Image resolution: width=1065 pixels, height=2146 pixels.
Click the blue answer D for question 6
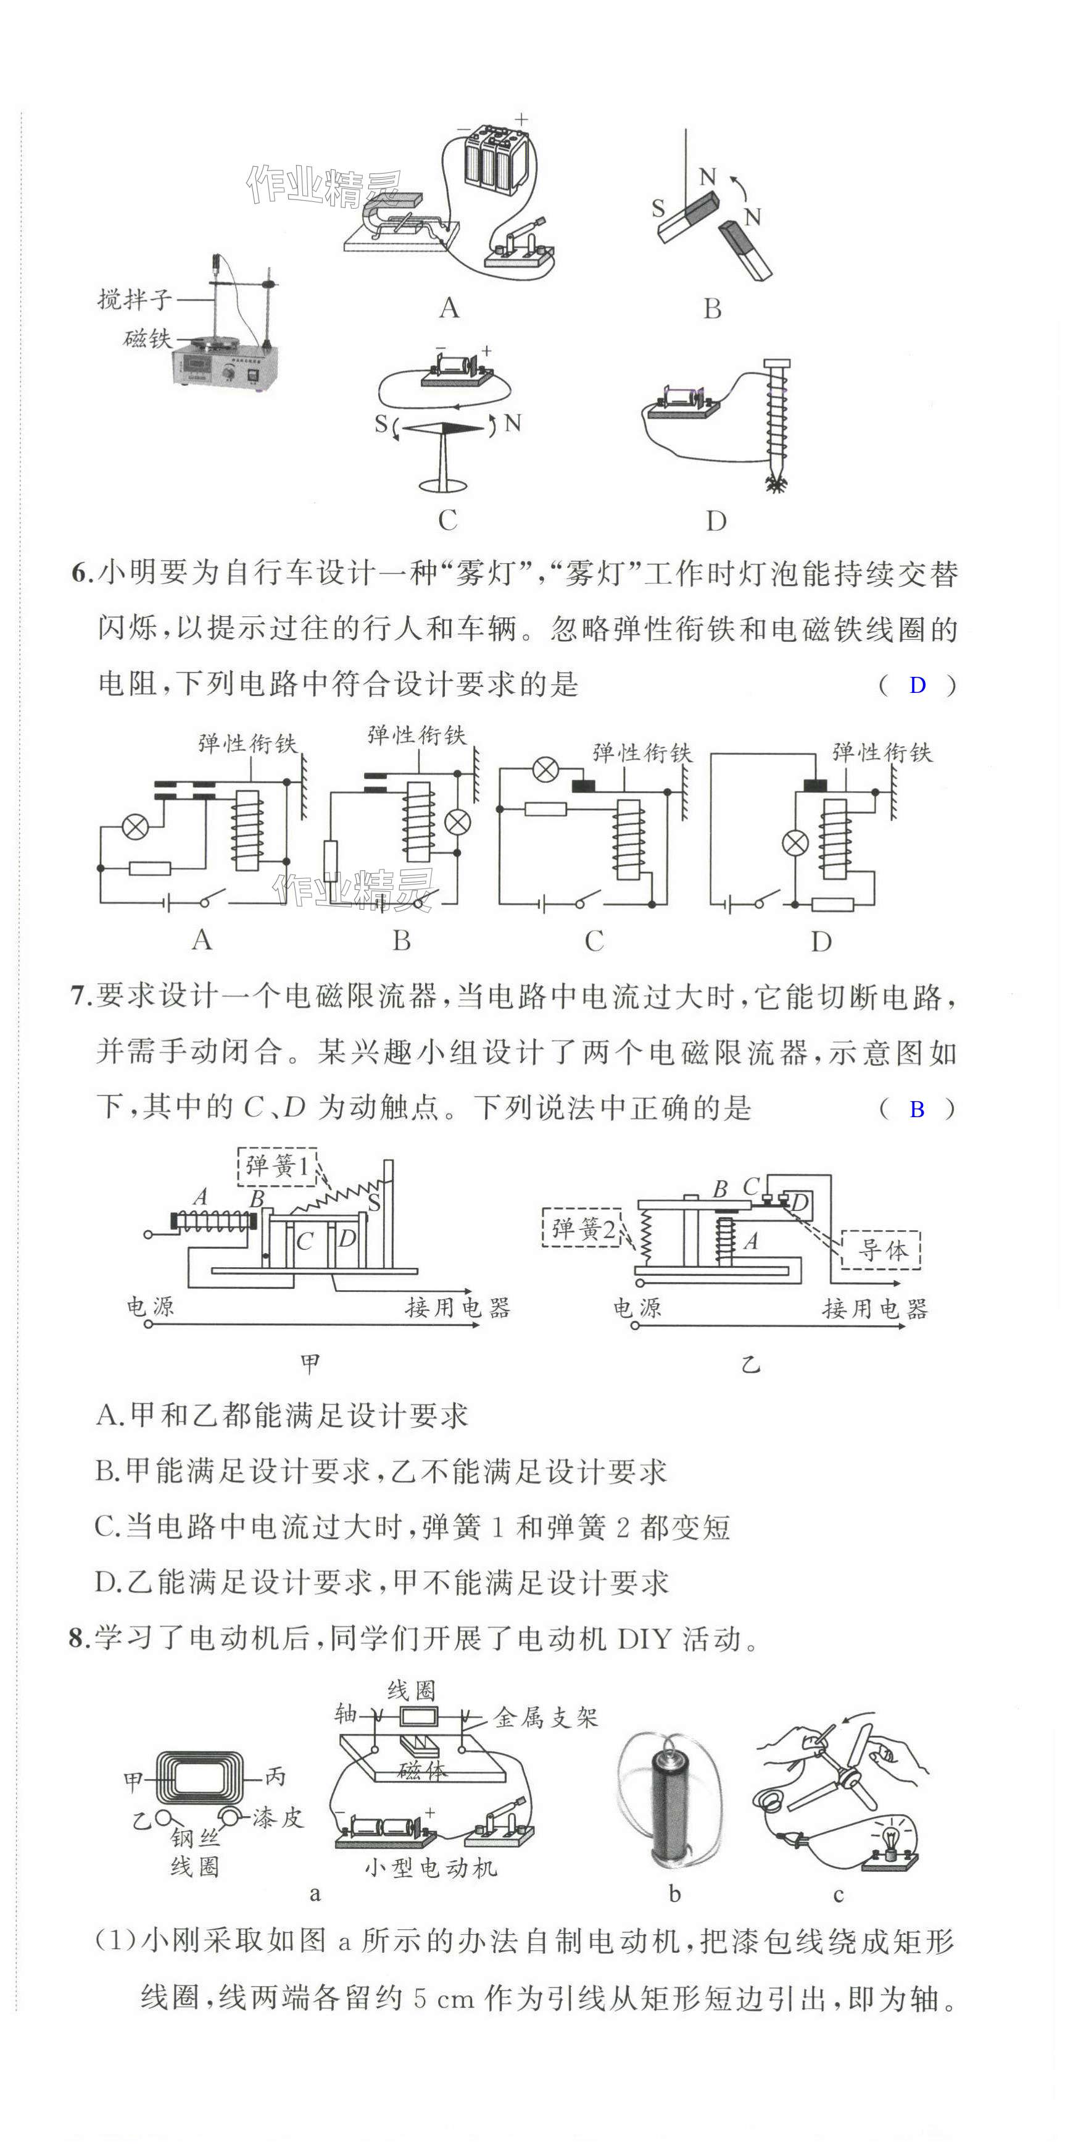917,685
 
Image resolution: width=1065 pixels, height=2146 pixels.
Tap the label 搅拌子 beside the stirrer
135,298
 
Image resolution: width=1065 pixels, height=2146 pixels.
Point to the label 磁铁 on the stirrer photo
147,339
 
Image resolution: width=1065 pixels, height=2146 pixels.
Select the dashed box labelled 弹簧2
581,1227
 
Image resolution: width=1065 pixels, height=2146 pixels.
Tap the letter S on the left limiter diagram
375,1202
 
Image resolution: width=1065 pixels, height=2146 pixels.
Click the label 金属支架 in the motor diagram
546,1717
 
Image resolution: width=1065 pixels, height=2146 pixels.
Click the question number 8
78,1638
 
